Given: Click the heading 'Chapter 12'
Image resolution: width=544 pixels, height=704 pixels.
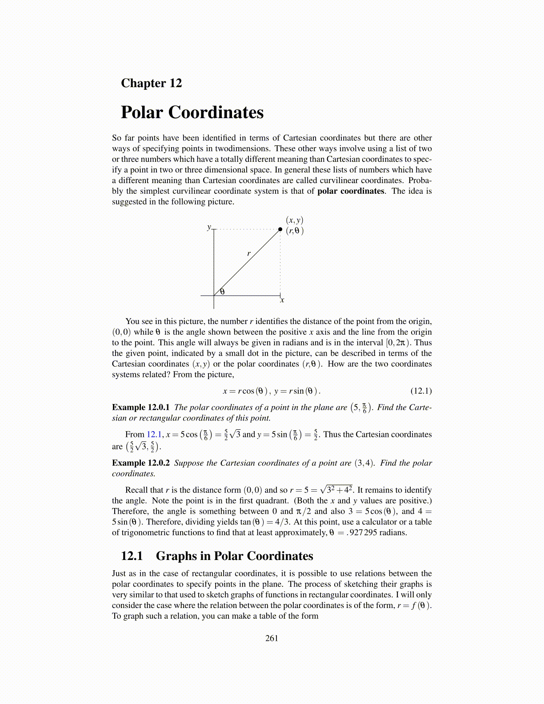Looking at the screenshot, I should coord(151,83).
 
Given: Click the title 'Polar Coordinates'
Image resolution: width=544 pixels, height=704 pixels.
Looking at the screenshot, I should coord(192,112).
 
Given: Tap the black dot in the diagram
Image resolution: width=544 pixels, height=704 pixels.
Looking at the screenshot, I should coord(280,229).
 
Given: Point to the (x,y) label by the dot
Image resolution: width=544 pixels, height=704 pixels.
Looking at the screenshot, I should coord(294,220).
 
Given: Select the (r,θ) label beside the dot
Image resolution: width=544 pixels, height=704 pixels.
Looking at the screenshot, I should coord(295,231).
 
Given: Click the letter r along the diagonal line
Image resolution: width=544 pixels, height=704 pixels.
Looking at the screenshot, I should coord(249,254).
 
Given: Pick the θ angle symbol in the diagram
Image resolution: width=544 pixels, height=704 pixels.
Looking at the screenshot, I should coord(222,292).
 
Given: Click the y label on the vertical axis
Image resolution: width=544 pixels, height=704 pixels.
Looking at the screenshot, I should coord(209,227).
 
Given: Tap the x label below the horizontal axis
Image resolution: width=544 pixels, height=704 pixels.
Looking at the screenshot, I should coord(282,300).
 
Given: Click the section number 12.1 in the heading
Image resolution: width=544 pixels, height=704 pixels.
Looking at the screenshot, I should coord(132,556).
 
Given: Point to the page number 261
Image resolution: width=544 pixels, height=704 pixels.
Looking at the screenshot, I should coord(272,638).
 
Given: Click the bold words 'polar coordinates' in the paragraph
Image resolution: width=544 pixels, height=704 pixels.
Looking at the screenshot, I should coord(351,191).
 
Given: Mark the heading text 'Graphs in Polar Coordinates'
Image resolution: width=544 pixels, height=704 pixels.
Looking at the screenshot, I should coord(235,556).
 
